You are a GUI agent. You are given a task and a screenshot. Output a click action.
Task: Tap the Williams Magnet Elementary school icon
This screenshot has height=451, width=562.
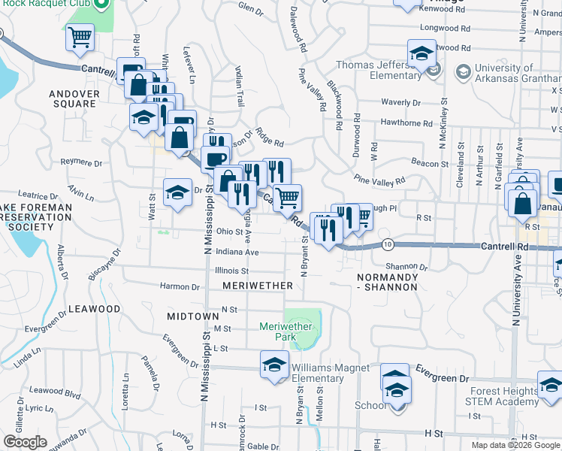274,365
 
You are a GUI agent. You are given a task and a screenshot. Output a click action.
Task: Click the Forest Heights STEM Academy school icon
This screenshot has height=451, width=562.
550,386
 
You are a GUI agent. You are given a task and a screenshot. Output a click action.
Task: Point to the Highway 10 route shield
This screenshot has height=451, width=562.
388,244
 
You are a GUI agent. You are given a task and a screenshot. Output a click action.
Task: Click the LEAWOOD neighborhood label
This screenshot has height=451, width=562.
94,309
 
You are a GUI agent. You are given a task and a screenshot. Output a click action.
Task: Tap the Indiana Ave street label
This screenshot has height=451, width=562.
237,253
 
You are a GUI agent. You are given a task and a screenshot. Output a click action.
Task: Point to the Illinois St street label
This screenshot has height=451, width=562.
231,271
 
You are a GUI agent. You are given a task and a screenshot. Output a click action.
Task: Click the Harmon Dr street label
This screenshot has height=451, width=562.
180,286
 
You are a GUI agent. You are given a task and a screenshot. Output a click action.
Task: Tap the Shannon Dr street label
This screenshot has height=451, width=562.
406,267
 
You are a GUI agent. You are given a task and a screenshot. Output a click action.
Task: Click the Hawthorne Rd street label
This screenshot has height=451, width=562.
406,123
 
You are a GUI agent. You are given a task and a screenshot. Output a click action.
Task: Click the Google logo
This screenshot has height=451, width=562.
25,442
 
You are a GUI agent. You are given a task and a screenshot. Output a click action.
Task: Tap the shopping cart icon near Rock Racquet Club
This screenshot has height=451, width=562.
80,37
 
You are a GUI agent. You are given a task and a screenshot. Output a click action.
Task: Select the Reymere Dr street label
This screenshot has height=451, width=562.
81,162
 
